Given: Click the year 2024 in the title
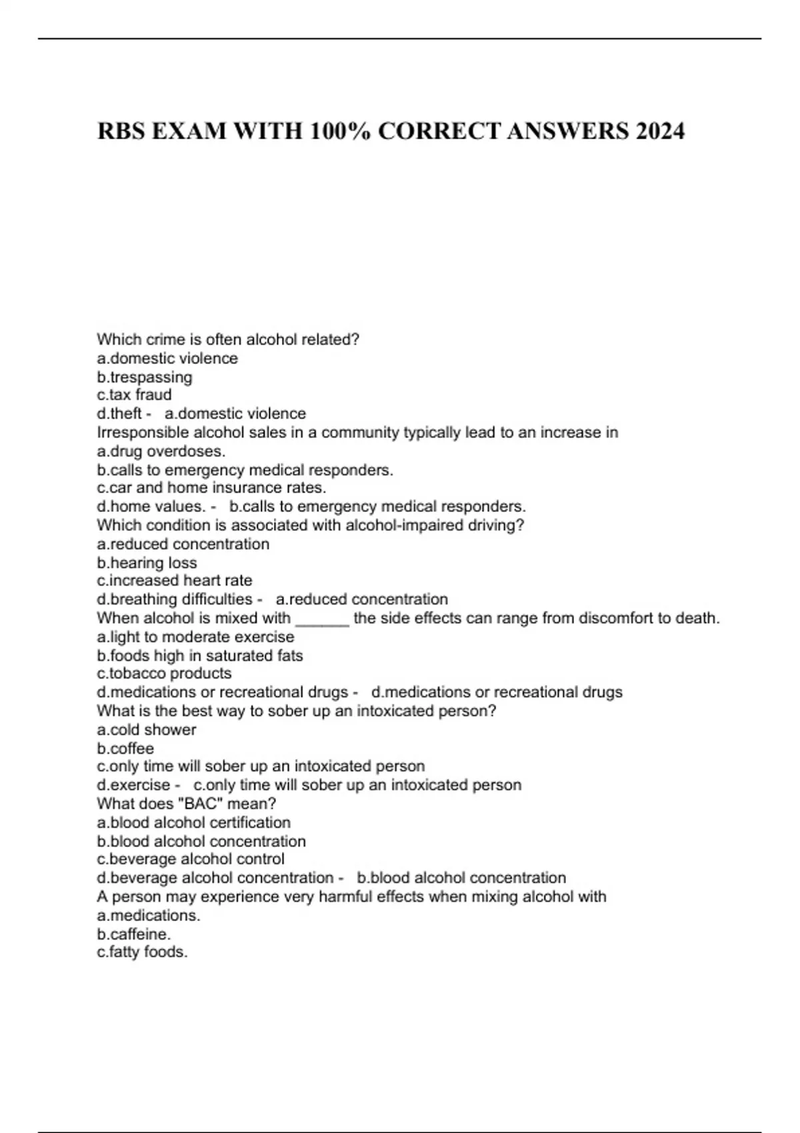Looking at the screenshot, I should pos(659,131).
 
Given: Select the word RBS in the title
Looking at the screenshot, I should pos(121,131).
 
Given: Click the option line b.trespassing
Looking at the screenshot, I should pos(145,377).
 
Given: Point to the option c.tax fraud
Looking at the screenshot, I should pos(134,395).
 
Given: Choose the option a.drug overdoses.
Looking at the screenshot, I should pos(161,451).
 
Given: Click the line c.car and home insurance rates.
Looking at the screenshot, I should pos(211,487).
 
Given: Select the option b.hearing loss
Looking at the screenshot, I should pos(147,563).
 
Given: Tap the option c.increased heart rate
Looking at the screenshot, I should pos(174,580).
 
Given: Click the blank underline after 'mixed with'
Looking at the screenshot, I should pos(322,620).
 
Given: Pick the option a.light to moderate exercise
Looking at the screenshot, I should pos(195,637).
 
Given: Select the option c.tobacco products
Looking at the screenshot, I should pos(164,673).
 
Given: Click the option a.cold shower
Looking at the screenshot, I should pos(147,730).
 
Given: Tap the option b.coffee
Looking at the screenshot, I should pos(125,748).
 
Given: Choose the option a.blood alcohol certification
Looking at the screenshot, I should pos(193,822).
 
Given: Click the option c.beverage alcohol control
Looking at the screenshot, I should pos(191,859).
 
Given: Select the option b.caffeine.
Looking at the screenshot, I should pos(133,934).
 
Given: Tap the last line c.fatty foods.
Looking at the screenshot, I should pos(142,952).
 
